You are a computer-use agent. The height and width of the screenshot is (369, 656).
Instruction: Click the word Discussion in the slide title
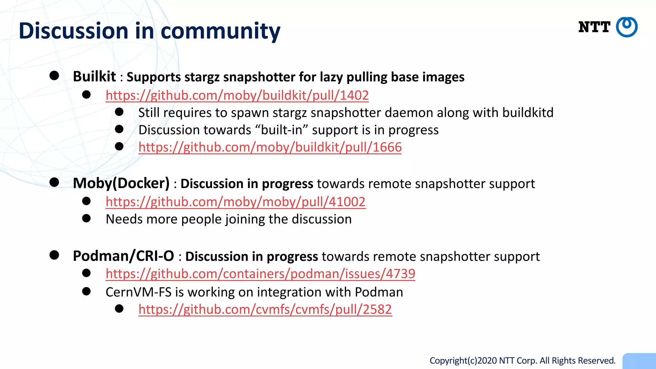click(73, 31)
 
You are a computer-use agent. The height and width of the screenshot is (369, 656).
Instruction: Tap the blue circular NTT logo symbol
click(627, 27)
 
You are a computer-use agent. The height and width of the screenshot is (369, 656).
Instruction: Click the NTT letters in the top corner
click(594, 27)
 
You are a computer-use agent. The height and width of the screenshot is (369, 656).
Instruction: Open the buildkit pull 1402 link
click(237, 95)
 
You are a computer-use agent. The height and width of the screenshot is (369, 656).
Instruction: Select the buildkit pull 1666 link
click(270, 147)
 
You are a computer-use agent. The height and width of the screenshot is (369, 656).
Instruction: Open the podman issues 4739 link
click(260, 274)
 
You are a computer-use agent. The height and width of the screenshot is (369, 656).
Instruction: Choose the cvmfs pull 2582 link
click(265, 309)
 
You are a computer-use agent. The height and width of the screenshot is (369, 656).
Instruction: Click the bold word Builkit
click(94, 77)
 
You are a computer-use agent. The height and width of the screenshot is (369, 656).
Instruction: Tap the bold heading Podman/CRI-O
click(123, 256)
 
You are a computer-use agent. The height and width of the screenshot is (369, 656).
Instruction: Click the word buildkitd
click(528, 113)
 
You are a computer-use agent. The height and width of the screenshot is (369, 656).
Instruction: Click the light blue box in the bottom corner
click(639, 361)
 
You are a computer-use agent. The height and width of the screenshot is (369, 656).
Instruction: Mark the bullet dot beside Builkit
click(54, 76)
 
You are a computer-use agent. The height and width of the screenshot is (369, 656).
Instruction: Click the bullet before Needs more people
click(86, 218)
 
